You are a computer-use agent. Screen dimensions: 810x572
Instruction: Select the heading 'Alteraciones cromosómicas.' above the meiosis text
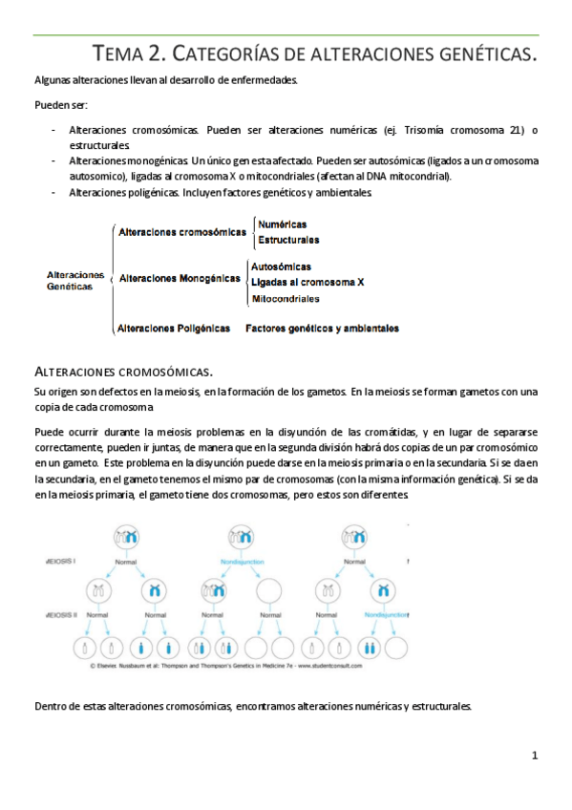click(123, 371)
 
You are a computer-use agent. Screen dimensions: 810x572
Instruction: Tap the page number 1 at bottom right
click(536, 756)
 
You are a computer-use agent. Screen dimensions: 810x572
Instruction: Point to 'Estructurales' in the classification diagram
click(288, 240)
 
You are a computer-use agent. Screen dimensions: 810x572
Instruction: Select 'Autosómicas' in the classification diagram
click(281, 266)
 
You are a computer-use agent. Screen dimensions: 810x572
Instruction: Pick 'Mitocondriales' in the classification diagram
click(286, 299)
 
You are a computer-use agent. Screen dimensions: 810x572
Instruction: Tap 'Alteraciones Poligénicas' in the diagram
click(174, 328)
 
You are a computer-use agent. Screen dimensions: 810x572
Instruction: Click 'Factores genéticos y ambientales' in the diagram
click(322, 328)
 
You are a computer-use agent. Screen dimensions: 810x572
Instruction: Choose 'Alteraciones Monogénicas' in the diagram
click(179, 278)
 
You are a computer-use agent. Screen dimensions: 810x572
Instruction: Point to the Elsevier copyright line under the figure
click(222, 666)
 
